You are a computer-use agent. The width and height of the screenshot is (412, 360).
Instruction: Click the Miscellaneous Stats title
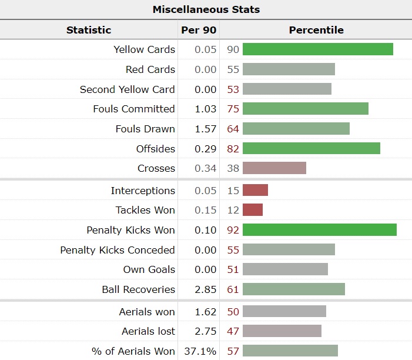click(206, 9)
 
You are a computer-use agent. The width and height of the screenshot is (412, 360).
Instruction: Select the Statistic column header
click(89, 30)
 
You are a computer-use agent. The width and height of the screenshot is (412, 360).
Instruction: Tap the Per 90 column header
click(197, 30)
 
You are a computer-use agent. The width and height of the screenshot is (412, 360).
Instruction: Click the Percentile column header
click(316, 30)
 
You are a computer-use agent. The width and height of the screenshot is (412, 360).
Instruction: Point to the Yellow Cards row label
click(144, 49)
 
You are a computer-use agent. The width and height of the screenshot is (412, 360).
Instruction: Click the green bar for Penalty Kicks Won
click(319, 230)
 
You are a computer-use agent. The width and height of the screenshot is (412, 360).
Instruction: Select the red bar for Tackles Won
click(253, 210)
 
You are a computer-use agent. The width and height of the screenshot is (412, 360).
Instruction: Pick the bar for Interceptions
click(255, 190)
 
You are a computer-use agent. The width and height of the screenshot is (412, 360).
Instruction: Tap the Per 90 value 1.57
click(206, 129)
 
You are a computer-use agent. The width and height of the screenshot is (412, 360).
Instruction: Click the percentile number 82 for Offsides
click(233, 149)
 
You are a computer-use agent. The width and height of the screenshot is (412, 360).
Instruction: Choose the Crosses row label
click(156, 168)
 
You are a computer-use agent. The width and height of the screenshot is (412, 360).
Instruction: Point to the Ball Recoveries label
click(138, 289)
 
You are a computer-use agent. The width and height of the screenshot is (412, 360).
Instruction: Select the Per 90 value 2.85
click(206, 289)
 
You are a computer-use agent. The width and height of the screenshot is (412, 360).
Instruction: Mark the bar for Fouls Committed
click(305, 109)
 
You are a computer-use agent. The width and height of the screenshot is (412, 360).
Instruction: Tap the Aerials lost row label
click(148, 331)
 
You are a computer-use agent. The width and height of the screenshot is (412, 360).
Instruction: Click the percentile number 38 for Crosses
click(233, 168)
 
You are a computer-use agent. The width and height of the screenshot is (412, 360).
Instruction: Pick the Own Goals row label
click(149, 269)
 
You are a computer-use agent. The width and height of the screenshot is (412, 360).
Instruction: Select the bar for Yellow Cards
click(317, 49)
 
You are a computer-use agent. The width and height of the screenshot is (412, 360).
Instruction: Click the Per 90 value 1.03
click(206, 109)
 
